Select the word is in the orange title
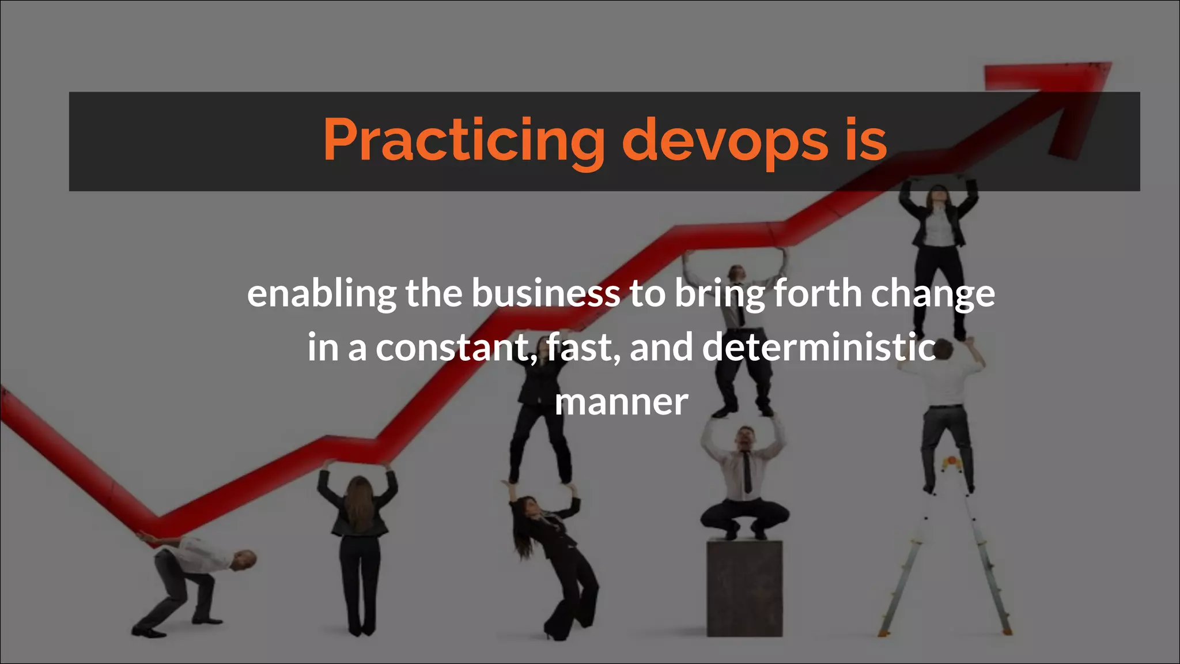tap(866, 140)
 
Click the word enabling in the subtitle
tap(322, 294)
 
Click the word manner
tap(621, 402)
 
